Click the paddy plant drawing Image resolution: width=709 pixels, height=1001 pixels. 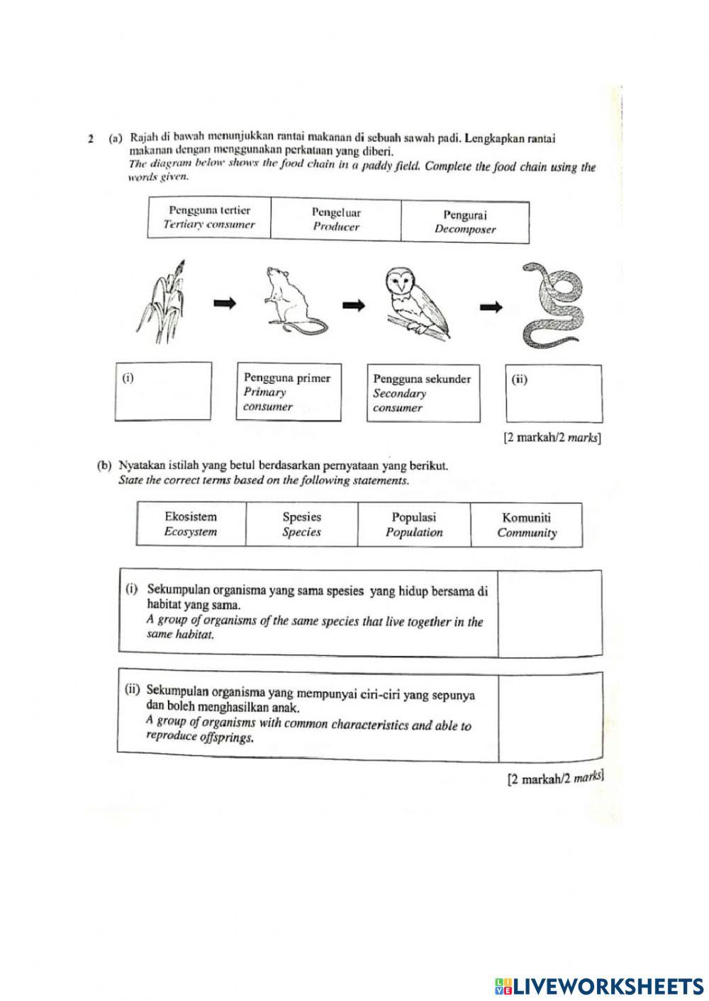(164, 305)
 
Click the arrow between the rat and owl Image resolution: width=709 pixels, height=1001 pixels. (355, 305)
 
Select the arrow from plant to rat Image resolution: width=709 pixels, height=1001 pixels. (225, 303)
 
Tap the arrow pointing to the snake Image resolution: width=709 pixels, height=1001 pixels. (491, 307)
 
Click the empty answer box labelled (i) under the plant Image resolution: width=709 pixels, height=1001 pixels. (163, 392)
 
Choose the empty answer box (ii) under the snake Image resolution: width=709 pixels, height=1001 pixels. (553, 394)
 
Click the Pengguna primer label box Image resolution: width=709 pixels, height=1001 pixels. (288, 392)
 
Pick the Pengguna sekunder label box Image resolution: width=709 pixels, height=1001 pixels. (423, 393)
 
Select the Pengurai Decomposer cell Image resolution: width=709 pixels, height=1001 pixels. (465, 222)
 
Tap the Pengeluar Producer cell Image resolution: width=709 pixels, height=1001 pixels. (336, 220)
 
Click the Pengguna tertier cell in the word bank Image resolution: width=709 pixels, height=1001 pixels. (209, 217)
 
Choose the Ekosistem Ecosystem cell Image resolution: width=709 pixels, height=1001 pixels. (191, 524)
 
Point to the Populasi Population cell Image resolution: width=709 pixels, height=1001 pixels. (414, 525)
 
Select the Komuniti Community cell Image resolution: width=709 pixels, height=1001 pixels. (526, 526)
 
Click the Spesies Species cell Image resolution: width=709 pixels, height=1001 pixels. (301, 525)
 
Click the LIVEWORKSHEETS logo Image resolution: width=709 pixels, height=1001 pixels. (599, 985)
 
